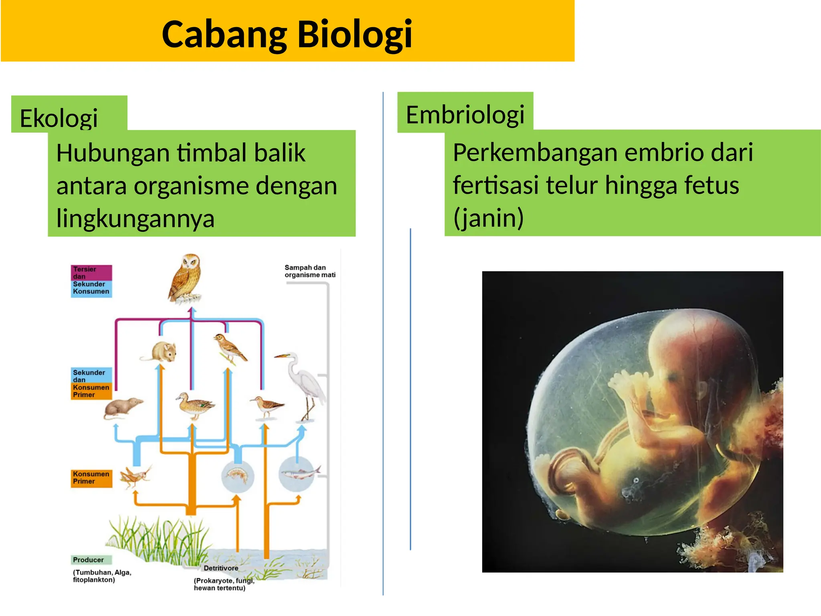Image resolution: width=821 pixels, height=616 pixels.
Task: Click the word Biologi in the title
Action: coord(354,34)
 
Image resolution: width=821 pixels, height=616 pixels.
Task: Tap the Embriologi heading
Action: coord(465,115)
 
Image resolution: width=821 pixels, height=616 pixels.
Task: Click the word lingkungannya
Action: coord(135,219)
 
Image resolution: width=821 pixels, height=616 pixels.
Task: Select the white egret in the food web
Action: coord(305,385)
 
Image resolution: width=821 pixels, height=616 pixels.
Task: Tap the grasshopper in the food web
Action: coord(135,477)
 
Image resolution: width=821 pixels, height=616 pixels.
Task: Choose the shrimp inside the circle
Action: coord(238,475)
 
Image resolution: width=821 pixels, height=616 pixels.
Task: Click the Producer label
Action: coord(88,560)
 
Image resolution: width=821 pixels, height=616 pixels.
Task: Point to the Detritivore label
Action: coord(220,568)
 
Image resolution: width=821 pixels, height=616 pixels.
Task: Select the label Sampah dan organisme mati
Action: coord(309,271)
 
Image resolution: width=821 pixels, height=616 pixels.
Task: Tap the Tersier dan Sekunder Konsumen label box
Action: coord(91,281)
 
